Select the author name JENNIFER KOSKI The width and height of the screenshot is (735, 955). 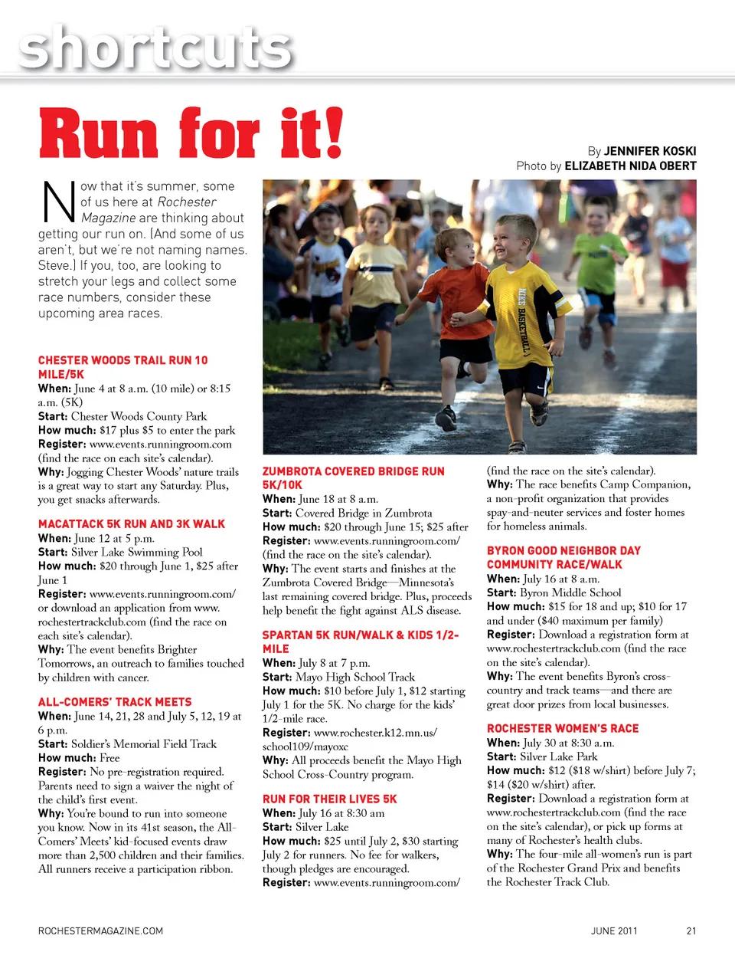point(650,151)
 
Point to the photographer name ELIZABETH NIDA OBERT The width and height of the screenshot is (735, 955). point(630,166)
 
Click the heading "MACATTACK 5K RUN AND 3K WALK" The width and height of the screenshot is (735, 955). point(132,524)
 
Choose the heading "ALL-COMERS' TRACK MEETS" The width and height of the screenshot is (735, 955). point(115,701)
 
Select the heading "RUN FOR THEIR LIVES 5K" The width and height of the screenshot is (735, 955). point(329,799)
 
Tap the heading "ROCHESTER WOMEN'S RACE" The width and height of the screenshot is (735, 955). point(563,728)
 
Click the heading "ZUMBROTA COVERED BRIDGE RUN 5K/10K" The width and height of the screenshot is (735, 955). point(353,477)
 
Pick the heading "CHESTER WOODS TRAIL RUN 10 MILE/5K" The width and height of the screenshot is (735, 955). point(122,367)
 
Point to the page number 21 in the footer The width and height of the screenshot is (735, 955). point(691,931)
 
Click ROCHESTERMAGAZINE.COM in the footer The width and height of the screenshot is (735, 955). point(100,931)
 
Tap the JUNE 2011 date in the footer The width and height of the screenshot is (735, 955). point(614,931)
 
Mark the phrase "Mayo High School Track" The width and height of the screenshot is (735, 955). point(354,677)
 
